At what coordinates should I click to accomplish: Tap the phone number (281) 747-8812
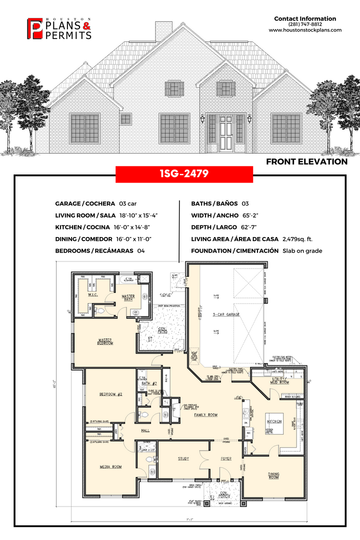tap(305, 24)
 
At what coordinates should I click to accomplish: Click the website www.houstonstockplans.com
tap(305, 30)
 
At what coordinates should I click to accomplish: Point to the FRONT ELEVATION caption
tap(306, 161)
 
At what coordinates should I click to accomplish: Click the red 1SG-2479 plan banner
tap(184, 174)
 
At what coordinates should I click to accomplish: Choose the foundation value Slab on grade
tap(302, 251)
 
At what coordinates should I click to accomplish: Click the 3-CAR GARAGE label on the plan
tap(226, 314)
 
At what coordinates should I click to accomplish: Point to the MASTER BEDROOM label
tap(105, 342)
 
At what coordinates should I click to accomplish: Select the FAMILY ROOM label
tap(206, 414)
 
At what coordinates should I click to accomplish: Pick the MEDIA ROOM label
tap(110, 466)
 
